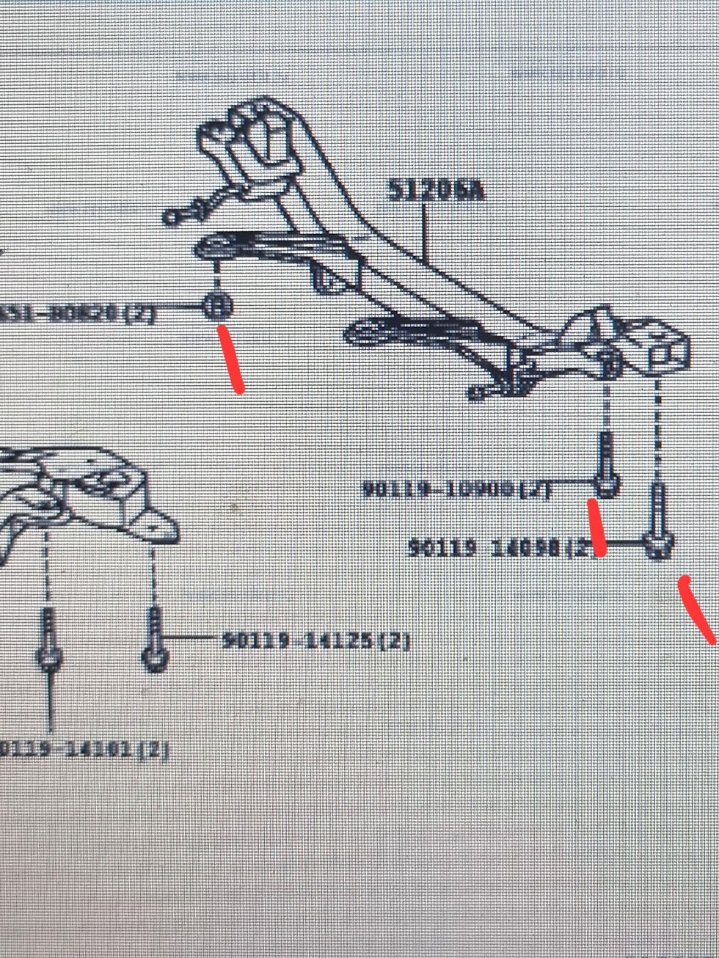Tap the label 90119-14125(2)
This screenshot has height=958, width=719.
point(315,641)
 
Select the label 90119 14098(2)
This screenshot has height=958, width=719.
point(503,548)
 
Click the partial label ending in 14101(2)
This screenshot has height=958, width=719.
point(84,750)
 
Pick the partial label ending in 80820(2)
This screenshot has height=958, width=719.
point(77,313)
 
